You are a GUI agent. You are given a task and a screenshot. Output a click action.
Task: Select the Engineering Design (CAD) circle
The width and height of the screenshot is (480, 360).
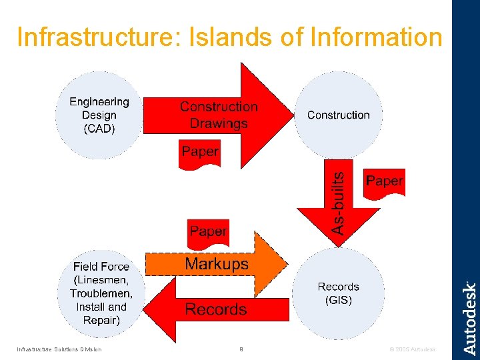99,115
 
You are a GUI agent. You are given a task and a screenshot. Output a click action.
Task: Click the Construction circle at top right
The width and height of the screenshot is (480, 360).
338,115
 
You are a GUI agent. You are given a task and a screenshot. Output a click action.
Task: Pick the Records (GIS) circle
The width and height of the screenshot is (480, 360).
338,293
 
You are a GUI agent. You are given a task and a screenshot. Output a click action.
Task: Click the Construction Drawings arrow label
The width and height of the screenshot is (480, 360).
219,115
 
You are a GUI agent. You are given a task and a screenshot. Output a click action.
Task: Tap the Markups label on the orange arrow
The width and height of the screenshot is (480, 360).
217,264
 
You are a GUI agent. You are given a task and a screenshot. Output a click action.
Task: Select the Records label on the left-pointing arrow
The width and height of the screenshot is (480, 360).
215,309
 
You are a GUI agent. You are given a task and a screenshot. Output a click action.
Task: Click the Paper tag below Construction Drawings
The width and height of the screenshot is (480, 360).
200,152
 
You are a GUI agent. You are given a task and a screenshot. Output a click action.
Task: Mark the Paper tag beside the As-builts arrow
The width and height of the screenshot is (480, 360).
384,181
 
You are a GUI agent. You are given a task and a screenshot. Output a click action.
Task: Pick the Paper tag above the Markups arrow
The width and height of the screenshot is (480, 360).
208,231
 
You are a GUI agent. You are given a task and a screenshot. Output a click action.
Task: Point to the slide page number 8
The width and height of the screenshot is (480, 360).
241,349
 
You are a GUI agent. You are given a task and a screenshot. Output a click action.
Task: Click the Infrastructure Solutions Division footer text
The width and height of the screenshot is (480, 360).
59,349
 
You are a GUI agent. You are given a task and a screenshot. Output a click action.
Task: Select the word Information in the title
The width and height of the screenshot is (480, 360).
376,37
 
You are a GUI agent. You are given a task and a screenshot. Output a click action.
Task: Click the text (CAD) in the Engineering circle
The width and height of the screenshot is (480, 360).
99,129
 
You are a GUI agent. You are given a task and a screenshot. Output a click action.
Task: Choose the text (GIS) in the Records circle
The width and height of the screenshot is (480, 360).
338,300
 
